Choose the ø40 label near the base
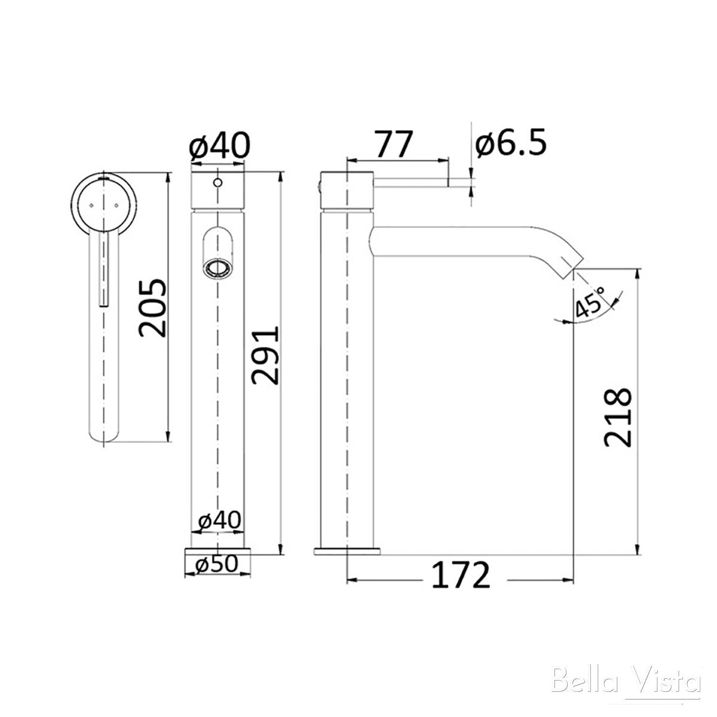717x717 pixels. (219, 520)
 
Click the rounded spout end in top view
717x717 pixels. (105, 433)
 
